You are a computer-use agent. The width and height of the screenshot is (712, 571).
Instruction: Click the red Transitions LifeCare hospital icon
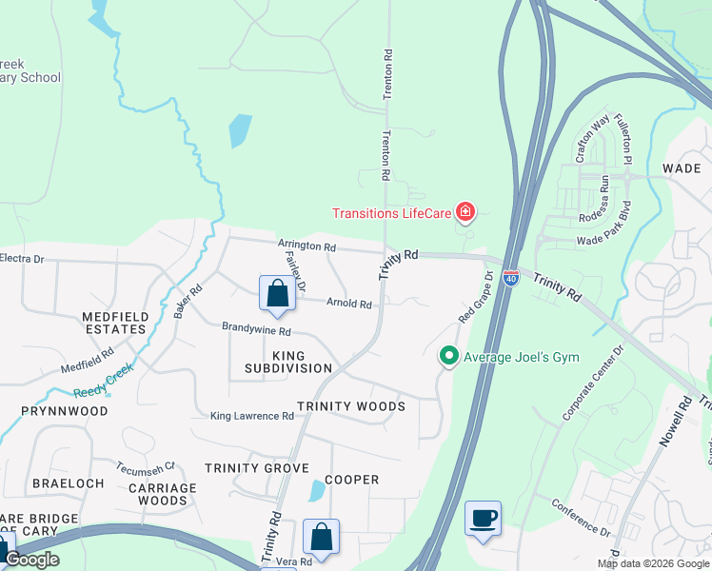465,211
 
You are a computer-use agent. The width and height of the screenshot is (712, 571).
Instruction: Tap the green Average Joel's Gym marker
448,357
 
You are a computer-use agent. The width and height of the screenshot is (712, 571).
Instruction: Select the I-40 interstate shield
511,278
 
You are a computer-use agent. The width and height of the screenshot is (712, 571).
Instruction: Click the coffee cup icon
483,519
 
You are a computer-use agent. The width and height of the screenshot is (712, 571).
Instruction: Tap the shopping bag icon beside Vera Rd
321,537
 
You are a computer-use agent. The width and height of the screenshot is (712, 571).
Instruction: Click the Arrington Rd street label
307,246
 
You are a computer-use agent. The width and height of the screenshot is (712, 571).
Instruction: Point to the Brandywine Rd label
256,329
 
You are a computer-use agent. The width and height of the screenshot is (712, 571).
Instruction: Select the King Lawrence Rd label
252,416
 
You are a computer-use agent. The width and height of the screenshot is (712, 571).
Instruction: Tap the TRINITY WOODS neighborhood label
351,406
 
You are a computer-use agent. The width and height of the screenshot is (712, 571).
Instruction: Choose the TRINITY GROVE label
257,468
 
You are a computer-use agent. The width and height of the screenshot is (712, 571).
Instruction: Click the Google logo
31,560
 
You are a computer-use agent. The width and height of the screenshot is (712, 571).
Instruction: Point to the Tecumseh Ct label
146,467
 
